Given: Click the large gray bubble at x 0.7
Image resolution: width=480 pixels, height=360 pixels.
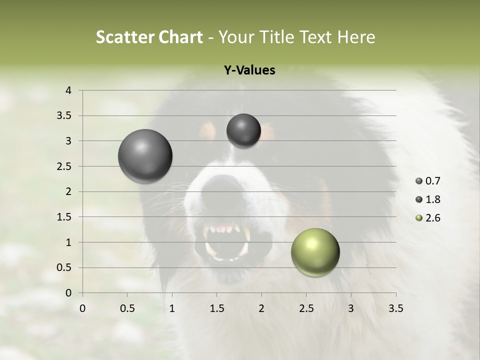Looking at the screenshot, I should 145,156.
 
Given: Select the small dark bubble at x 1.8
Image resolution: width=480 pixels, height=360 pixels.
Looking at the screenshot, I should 243,130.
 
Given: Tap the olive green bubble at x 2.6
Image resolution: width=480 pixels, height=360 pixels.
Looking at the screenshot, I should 315,252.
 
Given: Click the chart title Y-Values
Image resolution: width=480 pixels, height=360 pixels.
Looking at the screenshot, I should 249,70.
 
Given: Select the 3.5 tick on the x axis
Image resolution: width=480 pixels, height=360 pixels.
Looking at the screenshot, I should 395,308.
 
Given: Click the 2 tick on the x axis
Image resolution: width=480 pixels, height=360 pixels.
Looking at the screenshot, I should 261,308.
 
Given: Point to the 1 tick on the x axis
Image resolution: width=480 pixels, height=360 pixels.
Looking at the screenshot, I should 172,308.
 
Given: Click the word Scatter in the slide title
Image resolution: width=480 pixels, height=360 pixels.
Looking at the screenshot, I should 124,37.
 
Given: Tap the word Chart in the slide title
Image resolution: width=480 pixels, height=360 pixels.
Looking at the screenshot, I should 180,37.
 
